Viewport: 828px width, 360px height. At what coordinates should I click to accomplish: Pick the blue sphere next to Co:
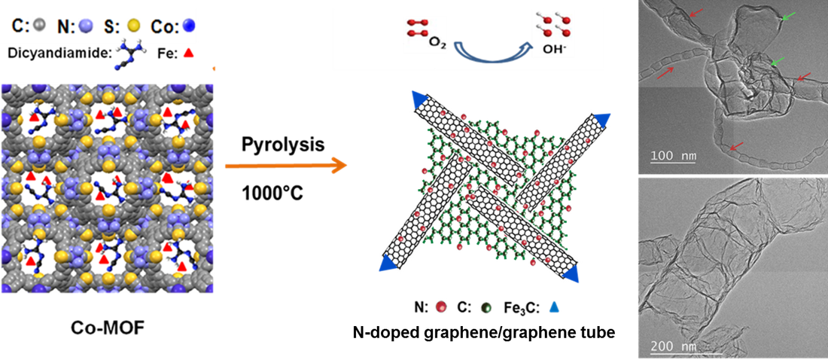pos(191,26)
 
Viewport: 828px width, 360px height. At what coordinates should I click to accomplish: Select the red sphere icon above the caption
pos(440,307)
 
